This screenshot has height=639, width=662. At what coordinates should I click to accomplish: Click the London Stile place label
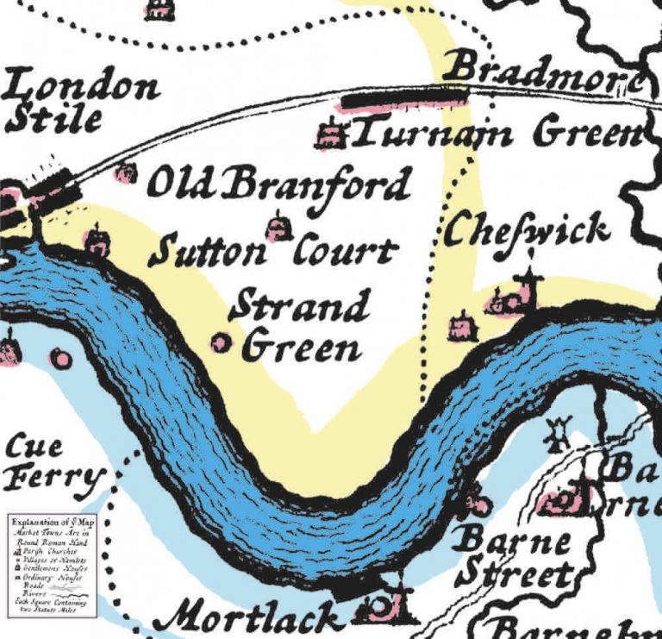coord(82,102)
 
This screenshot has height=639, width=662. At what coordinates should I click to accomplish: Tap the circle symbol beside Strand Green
coord(222,343)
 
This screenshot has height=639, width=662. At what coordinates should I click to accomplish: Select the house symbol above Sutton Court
coord(278,227)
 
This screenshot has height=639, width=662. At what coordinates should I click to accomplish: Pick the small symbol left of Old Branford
coord(126,172)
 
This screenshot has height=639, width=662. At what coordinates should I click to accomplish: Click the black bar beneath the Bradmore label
coord(392,99)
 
